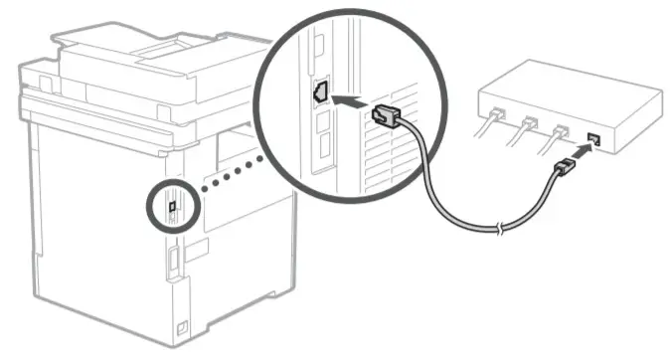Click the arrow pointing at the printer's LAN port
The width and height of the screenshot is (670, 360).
tap(349, 100)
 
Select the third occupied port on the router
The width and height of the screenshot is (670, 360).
tap(564, 132)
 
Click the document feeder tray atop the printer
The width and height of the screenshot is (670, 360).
tap(149, 44)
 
